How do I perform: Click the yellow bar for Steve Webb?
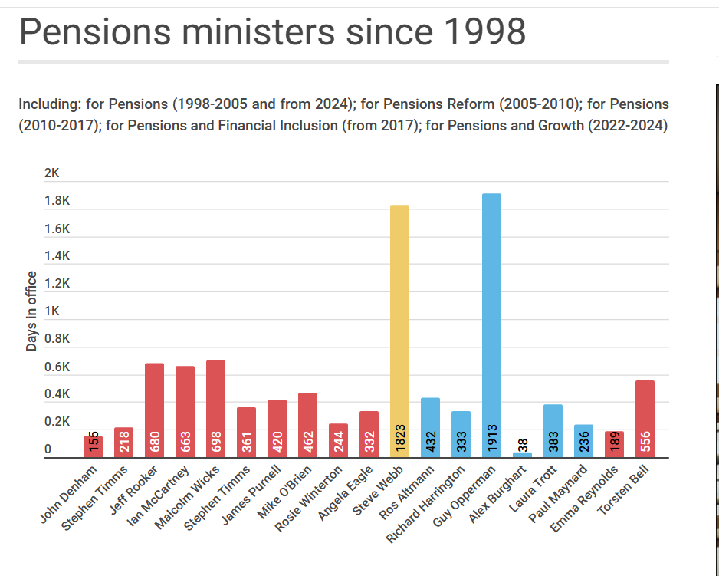pos(399,331)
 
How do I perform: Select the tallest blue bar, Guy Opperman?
pos(491,325)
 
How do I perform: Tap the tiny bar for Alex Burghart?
pos(522,455)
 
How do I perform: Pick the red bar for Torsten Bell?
pos(645,419)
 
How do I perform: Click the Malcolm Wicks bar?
pos(215,409)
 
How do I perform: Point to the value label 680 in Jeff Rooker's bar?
pos(155,441)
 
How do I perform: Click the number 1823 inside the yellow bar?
pos(400,438)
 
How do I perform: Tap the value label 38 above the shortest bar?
pos(523,445)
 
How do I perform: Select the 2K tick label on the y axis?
pos(52,173)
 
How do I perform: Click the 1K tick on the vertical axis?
pos(52,311)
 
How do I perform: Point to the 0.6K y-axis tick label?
pos(57,367)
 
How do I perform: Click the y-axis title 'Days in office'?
pos(31,311)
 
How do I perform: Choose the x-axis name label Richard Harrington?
pos(425,504)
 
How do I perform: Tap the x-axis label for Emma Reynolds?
pos(584,499)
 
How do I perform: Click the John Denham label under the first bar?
pos(69,494)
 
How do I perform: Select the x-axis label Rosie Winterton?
pos(309,499)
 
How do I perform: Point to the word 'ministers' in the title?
pos(258,31)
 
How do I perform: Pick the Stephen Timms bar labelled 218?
pos(123,443)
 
